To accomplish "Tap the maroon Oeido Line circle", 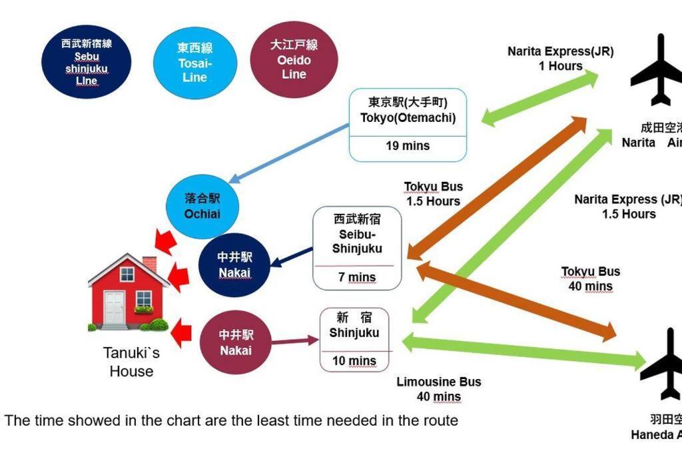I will click(294, 59).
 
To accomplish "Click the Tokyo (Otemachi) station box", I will click(408, 125).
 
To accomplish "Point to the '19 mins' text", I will click(408, 146).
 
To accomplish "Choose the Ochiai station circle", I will click(202, 207).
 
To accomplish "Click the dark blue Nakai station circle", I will click(235, 265).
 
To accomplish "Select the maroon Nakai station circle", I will click(236, 342).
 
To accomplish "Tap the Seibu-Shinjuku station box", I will click(357, 248).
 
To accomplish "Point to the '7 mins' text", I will click(357, 277).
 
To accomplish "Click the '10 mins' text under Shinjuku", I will click(354, 361).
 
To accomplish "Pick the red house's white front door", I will click(114, 307).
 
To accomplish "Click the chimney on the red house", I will click(150, 264).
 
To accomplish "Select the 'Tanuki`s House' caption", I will click(131, 362).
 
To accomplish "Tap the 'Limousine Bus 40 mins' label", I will click(438, 389).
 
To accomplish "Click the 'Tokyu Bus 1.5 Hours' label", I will click(433, 194).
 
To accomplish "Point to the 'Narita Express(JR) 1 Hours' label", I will click(560, 59).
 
